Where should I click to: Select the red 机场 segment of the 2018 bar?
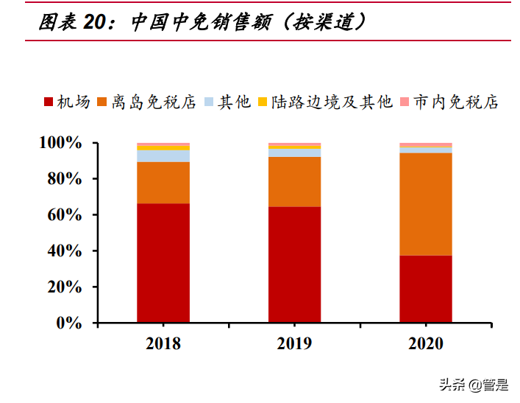point(163,263)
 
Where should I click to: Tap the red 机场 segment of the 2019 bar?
point(294,264)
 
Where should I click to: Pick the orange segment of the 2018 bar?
point(163,183)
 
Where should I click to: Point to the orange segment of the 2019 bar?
point(294,182)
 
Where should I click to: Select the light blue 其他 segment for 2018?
point(163,155)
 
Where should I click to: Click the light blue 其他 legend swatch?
point(209,102)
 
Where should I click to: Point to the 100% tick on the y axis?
point(61,142)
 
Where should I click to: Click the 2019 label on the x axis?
point(294,343)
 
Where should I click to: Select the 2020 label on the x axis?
point(426,343)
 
